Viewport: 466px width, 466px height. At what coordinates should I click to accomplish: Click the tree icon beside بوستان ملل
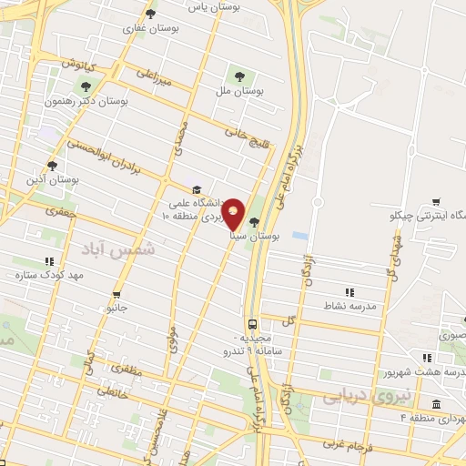[240, 76]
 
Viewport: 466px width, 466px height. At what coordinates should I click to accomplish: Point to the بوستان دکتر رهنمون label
[87, 102]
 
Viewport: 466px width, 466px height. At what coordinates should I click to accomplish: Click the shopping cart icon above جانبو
[116, 295]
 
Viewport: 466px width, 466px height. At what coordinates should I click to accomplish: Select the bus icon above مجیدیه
[251, 324]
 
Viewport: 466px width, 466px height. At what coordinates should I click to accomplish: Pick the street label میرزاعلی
[153, 78]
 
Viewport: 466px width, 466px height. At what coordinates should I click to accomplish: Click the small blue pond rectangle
[299, 235]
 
